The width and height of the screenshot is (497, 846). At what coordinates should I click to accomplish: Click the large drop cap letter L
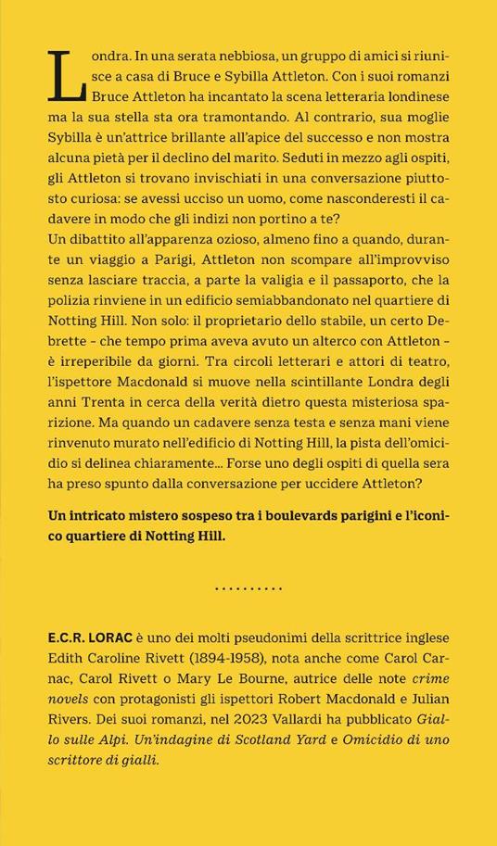tap(68, 74)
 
